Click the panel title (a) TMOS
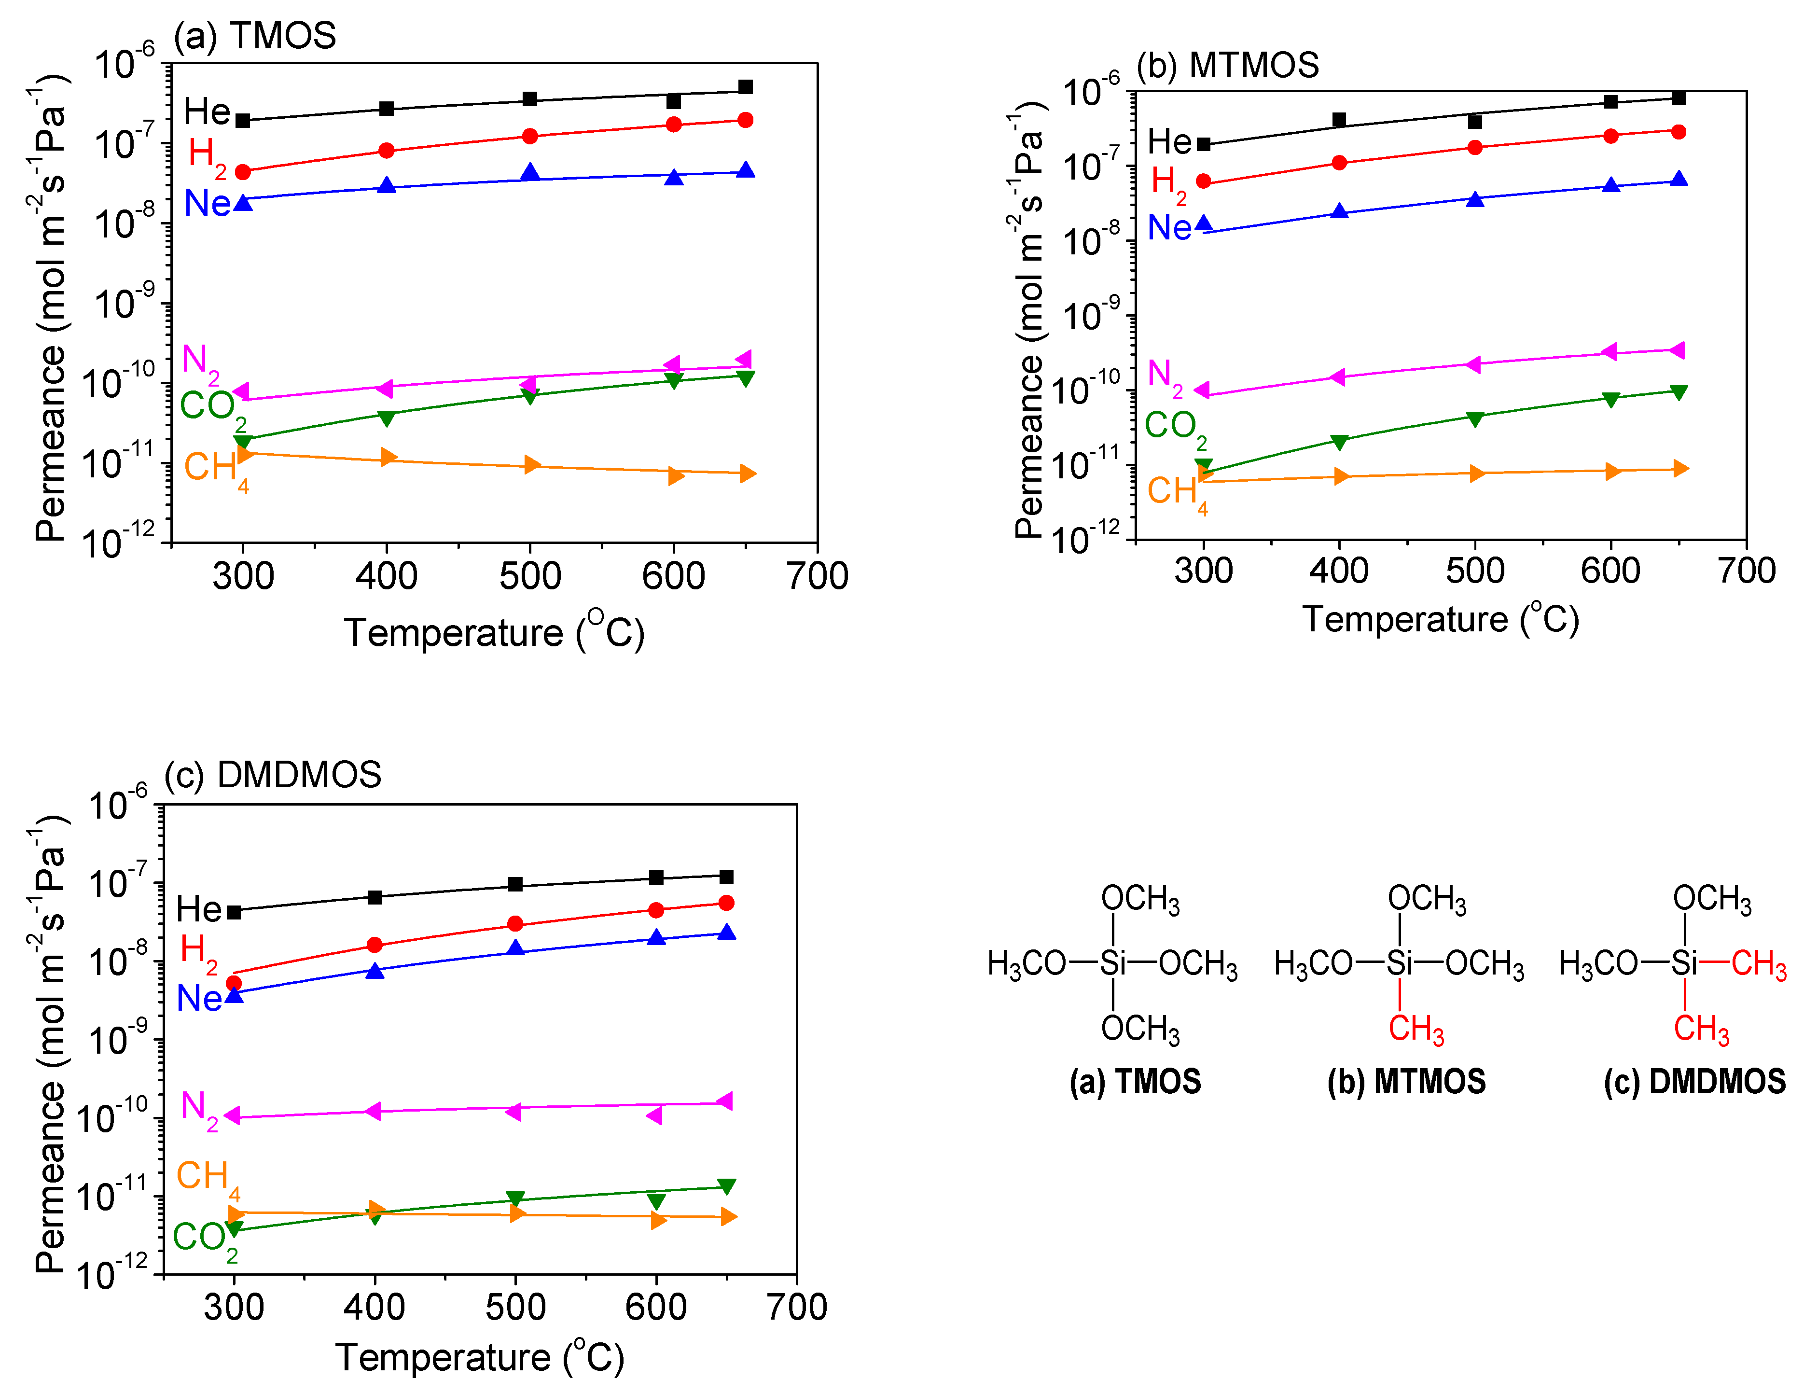(254, 36)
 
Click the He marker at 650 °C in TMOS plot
(745, 87)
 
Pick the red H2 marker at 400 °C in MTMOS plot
(1339, 163)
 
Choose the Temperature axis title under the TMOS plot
(494, 633)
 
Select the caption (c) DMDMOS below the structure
(1694, 1082)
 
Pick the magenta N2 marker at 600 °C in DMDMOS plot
(654, 1115)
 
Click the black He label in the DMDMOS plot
(198, 910)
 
